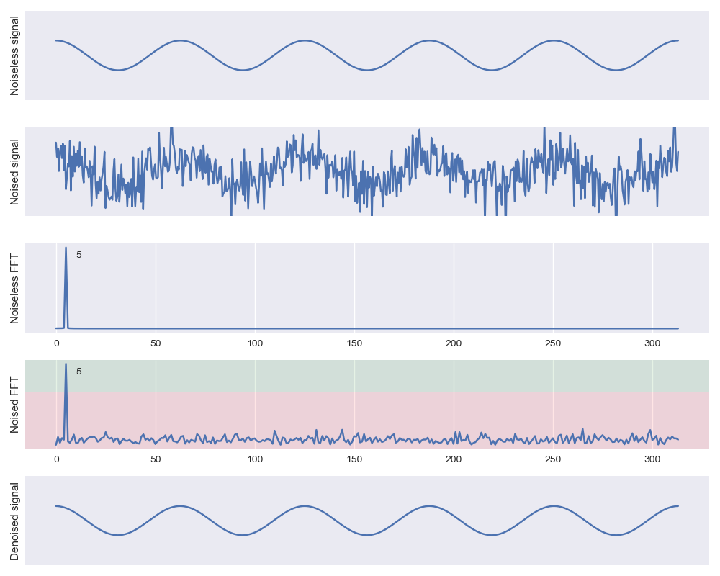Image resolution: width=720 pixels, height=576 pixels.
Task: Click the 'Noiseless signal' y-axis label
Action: point(15,55)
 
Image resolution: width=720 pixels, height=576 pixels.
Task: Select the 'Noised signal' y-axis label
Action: point(15,171)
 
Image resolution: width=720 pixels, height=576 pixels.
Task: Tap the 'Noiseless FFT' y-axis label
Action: point(15,288)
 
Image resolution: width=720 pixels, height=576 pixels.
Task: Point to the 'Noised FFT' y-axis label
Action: point(15,404)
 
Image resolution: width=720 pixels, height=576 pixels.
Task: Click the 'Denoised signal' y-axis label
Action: point(15,521)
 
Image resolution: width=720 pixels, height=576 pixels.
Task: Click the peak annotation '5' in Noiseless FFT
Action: point(79,255)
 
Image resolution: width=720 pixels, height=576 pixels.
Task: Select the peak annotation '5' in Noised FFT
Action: point(79,372)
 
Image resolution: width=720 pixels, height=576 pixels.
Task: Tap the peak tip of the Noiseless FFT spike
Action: point(66,248)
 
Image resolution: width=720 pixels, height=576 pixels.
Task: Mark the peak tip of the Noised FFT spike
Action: point(66,364)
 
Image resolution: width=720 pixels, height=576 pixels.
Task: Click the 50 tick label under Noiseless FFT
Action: point(156,343)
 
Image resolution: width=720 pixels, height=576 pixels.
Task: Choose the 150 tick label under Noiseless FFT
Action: point(354,343)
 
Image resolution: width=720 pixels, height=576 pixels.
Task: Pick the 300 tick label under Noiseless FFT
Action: point(652,343)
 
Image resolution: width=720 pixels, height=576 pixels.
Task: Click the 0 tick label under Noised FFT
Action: point(56,459)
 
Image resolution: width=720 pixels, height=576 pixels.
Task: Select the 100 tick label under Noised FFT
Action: point(255,459)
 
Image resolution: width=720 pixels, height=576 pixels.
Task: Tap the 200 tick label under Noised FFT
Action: point(454,459)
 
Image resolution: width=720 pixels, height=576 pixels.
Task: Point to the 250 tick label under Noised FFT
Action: point(553,459)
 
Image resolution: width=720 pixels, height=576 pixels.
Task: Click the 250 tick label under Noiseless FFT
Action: point(553,343)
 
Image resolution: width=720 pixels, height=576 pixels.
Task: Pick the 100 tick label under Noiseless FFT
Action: point(255,343)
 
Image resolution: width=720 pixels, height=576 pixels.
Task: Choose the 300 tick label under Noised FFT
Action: point(652,459)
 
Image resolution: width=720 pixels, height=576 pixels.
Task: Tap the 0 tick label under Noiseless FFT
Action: point(56,343)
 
